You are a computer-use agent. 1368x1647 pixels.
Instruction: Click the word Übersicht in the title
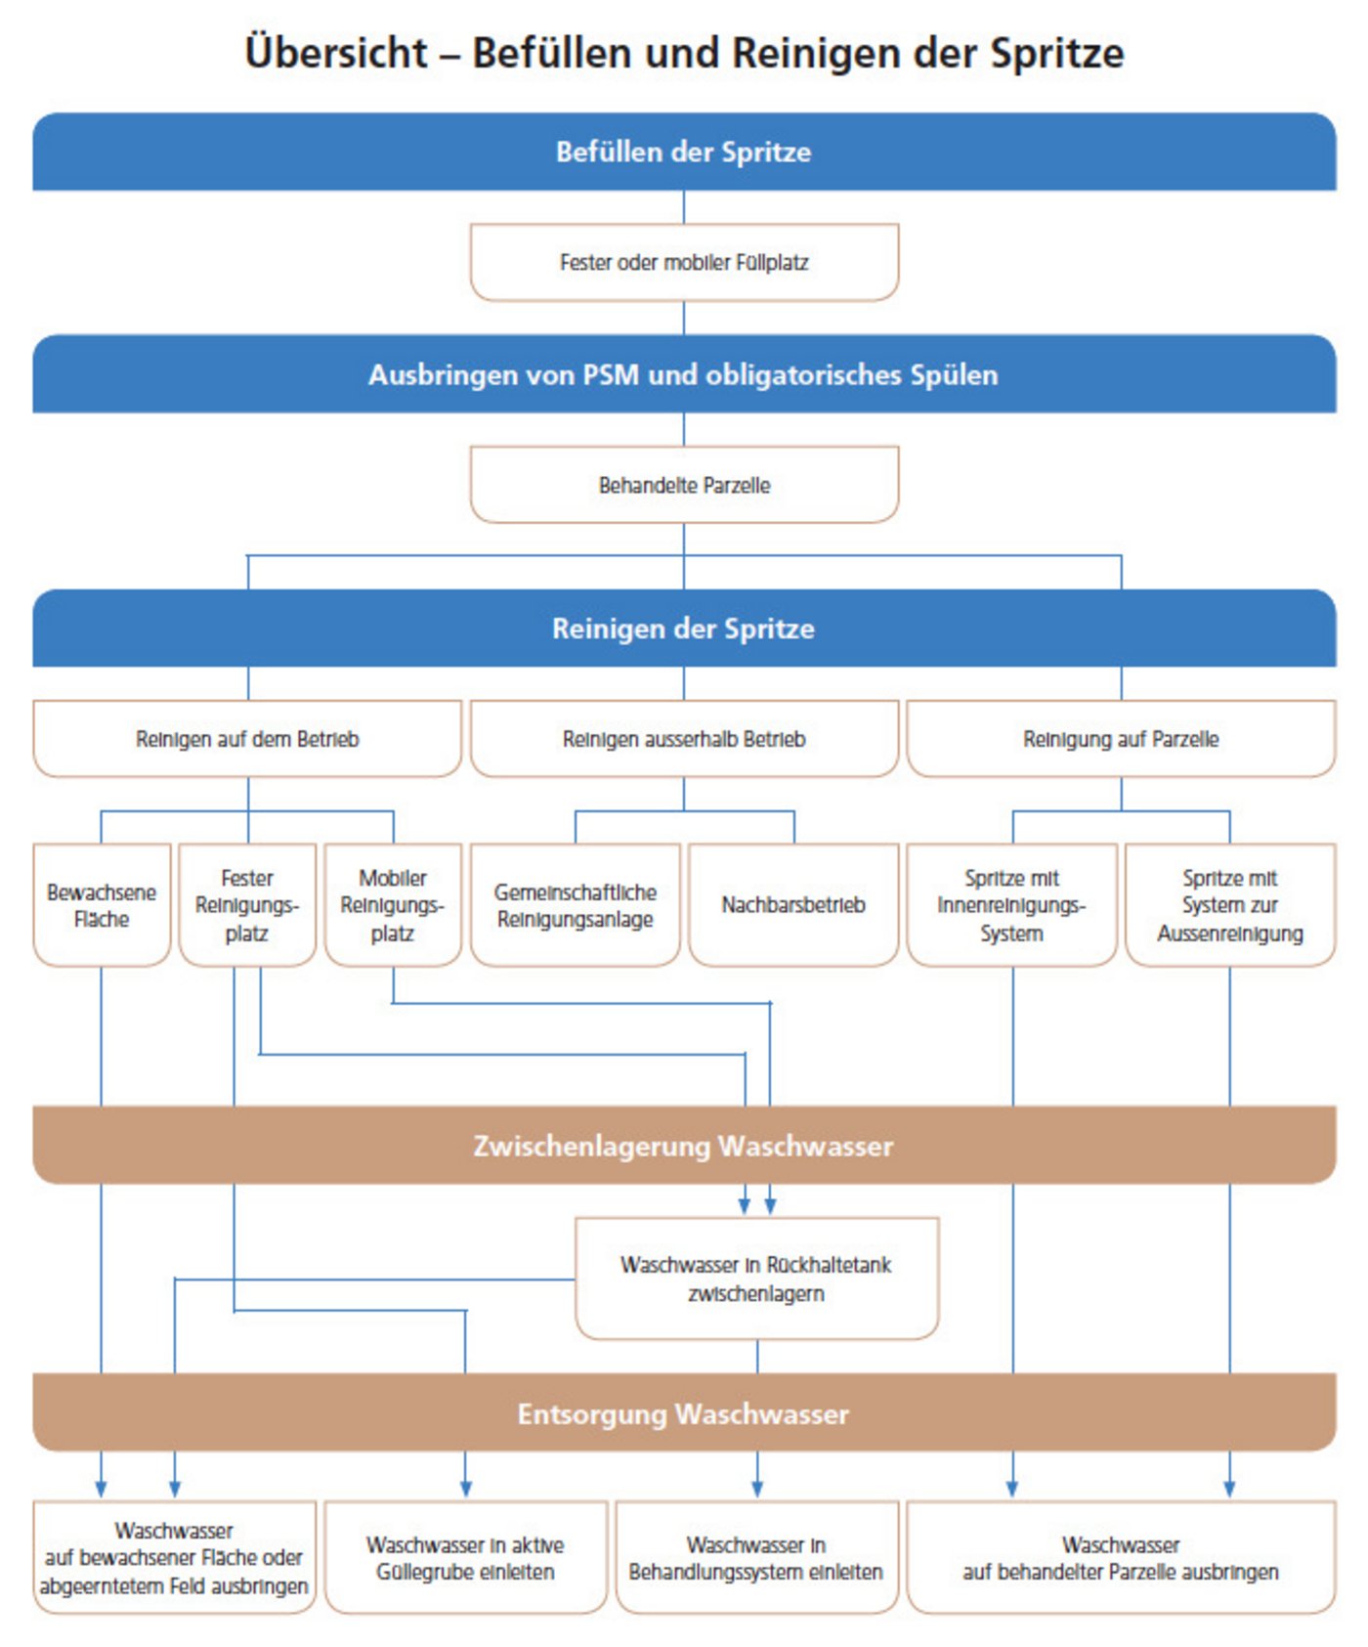pyautogui.click(x=336, y=53)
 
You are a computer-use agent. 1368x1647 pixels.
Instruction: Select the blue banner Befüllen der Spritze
pyautogui.click(x=683, y=152)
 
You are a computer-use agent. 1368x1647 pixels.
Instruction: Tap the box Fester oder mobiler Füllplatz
pyautogui.click(x=683, y=262)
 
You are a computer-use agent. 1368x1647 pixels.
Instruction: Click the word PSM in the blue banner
pyautogui.click(x=610, y=374)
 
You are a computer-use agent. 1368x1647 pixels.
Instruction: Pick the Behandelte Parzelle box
pyautogui.click(x=683, y=485)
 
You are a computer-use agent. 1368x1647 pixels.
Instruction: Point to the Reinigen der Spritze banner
pyautogui.click(x=683, y=628)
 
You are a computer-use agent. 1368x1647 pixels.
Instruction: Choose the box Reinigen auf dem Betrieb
pyautogui.click(x=247, y=739)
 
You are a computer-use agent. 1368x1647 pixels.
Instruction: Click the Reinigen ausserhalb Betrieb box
pyautogui.click(x=683, y=739)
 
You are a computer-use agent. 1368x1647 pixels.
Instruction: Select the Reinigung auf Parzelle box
pyautogui.click(x=1120, y=739)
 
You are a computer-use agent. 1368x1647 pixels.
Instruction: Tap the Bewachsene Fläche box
pyautogui.click(x=102, y=905)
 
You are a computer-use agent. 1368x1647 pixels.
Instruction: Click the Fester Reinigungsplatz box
pyautogui.click(x=247, y=905)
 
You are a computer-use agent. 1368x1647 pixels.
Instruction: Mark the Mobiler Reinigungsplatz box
pyautogui.click(x=393, y=905)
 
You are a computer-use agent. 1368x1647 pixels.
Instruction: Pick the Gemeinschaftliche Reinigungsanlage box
pyautogui.click(x=575, y=905)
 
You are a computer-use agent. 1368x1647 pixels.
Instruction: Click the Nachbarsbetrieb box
pyautogui.click(x=792, y=905)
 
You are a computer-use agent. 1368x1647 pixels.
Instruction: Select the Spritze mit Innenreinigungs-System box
pyautogui.click(x=1011, y=905)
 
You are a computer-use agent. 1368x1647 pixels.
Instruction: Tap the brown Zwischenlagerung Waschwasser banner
pyautogui.click(x=683, y=1146)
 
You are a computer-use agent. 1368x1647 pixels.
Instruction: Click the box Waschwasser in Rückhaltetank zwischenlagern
pyautogui.click(x=756, y=1279)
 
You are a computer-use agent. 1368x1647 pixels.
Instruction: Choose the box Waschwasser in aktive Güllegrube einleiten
pyautogui.click(x=465, y=1558)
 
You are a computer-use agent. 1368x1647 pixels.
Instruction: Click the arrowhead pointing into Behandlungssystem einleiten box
pyautogui.click(x=757, y=1489)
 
